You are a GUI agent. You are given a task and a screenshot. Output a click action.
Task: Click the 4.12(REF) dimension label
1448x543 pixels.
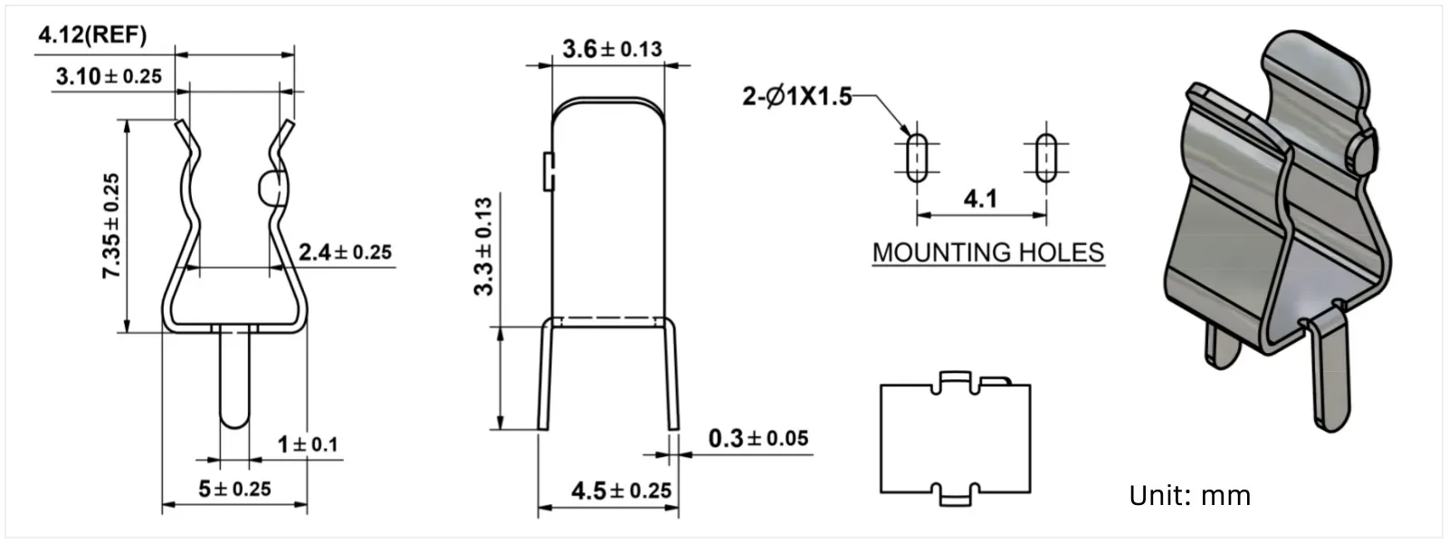tap(91, 36)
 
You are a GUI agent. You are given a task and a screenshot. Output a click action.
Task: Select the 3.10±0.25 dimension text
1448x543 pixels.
tap(109, 76)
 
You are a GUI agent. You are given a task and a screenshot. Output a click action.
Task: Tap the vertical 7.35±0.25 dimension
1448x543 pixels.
tap(111, 225)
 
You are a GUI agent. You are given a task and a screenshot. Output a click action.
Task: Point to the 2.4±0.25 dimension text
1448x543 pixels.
tap(345, 252)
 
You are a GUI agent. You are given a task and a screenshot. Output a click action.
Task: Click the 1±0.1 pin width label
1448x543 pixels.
tap(308, 444)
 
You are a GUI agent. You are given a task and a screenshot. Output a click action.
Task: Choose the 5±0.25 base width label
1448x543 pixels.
tap(234, 489)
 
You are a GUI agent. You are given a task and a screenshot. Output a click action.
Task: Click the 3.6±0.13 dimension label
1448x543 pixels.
tap(612, 49)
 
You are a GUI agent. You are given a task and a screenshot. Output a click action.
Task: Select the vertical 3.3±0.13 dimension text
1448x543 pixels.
tap(484, 246)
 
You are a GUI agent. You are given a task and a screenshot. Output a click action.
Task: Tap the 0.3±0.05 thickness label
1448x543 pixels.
tap(758, 439)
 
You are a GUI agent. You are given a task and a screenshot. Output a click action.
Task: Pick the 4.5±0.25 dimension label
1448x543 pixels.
tap(621, 491)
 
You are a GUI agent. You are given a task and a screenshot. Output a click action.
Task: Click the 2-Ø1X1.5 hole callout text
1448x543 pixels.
tap(797, 97)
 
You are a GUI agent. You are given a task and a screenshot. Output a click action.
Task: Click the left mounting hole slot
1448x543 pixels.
tap(917, 157)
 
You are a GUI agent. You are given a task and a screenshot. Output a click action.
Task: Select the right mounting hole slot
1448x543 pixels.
tap(1045, 157)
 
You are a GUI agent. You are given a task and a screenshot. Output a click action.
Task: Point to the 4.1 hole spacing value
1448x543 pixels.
tap(980, 198)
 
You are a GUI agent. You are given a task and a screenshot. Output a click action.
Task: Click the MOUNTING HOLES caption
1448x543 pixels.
tap(988, 252)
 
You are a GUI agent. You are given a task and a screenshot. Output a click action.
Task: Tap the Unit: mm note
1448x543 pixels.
tap(1189, 496)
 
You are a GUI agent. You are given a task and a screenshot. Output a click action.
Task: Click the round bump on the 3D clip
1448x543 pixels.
tap(1363, 152)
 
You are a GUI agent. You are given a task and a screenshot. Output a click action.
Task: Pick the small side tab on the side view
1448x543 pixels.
tap(548, 172)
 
